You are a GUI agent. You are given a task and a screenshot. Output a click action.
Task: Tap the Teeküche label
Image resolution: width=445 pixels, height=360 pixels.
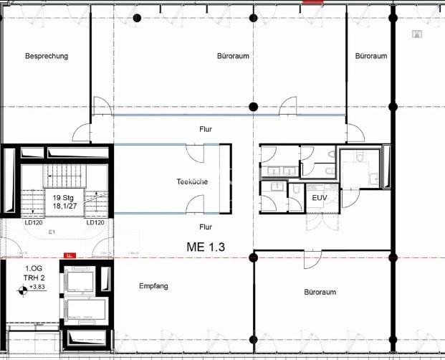pos(192,182)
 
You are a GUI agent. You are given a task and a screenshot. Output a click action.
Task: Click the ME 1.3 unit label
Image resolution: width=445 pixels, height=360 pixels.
pos(206,247)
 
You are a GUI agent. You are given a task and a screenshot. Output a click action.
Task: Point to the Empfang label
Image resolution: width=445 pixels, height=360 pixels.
pos(153,286)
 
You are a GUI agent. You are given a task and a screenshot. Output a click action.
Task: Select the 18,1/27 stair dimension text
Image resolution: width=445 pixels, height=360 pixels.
pos(64,206)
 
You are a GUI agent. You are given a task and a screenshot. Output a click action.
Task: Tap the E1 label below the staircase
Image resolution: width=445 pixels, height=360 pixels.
pos(52,232)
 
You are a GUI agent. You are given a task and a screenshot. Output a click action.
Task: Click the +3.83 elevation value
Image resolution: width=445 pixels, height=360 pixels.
pos(37,288)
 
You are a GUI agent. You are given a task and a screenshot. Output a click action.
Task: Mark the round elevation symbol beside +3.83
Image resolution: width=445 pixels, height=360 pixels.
pos(23,289)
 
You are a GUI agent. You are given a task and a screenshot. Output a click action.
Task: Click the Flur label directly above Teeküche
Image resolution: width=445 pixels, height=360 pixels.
pos(206,129)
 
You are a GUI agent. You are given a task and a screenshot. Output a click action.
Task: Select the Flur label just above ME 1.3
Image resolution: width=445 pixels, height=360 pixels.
pos(206,227)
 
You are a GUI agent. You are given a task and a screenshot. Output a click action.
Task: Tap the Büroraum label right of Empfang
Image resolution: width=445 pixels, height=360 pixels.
pos(320,292)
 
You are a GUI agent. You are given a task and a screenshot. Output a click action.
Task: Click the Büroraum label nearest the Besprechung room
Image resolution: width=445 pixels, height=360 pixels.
pos(233,55)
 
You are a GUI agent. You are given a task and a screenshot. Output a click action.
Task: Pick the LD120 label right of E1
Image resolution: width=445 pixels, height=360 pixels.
pos(96,222)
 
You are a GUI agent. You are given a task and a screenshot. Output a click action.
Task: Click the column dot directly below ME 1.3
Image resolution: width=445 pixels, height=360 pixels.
pos(252,257)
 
